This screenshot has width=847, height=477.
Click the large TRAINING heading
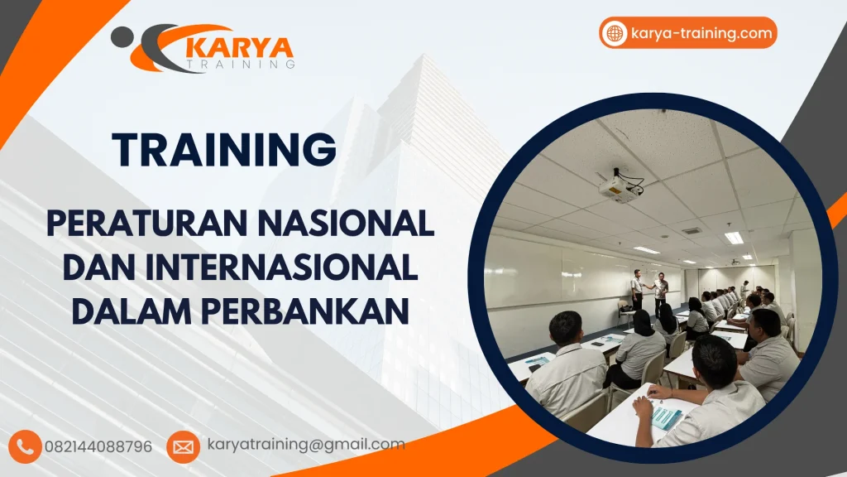[x=225, y=150]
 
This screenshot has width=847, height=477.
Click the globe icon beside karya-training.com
[x=615, y=33]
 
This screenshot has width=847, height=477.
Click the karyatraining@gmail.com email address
[x=305, y=445]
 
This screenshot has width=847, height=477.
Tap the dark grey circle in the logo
[x=122, y=36]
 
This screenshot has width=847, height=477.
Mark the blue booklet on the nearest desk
[x=667, y=417]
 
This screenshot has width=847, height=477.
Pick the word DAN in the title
[x=104, y=267]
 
